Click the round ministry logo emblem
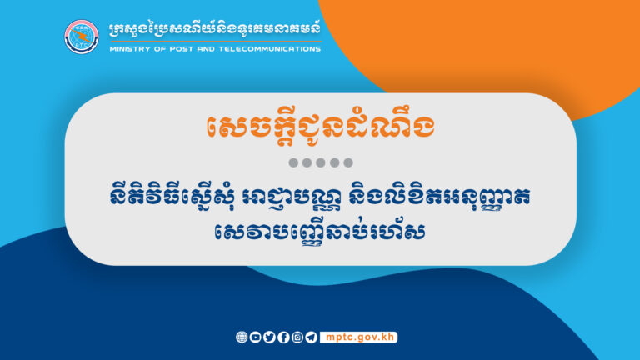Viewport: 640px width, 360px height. pyautogui.click(x=82, y=35)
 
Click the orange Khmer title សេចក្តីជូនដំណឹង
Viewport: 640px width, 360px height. pyautogui.click(x=320, y=127)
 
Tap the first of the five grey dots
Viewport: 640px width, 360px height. pyautogui.click(x=293, y=162)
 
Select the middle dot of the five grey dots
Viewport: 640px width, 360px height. pyautogui.click(x=320, y=162)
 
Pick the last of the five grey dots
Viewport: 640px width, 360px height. pyautogui.click(x=347, y=162)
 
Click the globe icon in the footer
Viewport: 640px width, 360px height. pyautogui.click(x=242, y=337)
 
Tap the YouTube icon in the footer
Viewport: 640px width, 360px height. pyautogui.click(x=256, y=337)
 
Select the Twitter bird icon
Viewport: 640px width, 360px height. pyautogui.click(x=269, y=337)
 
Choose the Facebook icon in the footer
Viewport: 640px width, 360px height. pyautogui.click(x=283, y=337)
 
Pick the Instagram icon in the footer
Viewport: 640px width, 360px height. pyautogui.click(x=297, y=337)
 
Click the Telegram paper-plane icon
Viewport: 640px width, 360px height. pyautogui.click(x=311, y=337)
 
